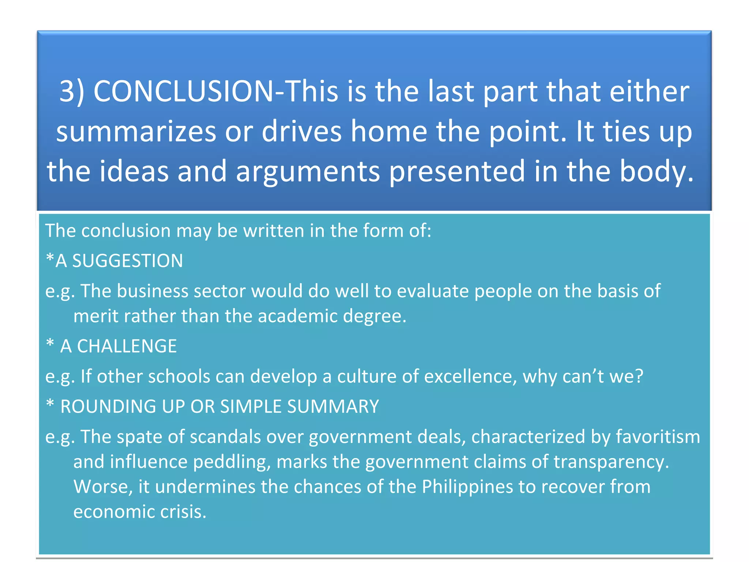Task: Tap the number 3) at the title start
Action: coord(72,91)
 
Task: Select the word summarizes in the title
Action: coord(136,131)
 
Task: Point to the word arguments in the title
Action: coord(308,171)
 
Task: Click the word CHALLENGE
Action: coord(127,346)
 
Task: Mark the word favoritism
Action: coord(658,437)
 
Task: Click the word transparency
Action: coord(611,462)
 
